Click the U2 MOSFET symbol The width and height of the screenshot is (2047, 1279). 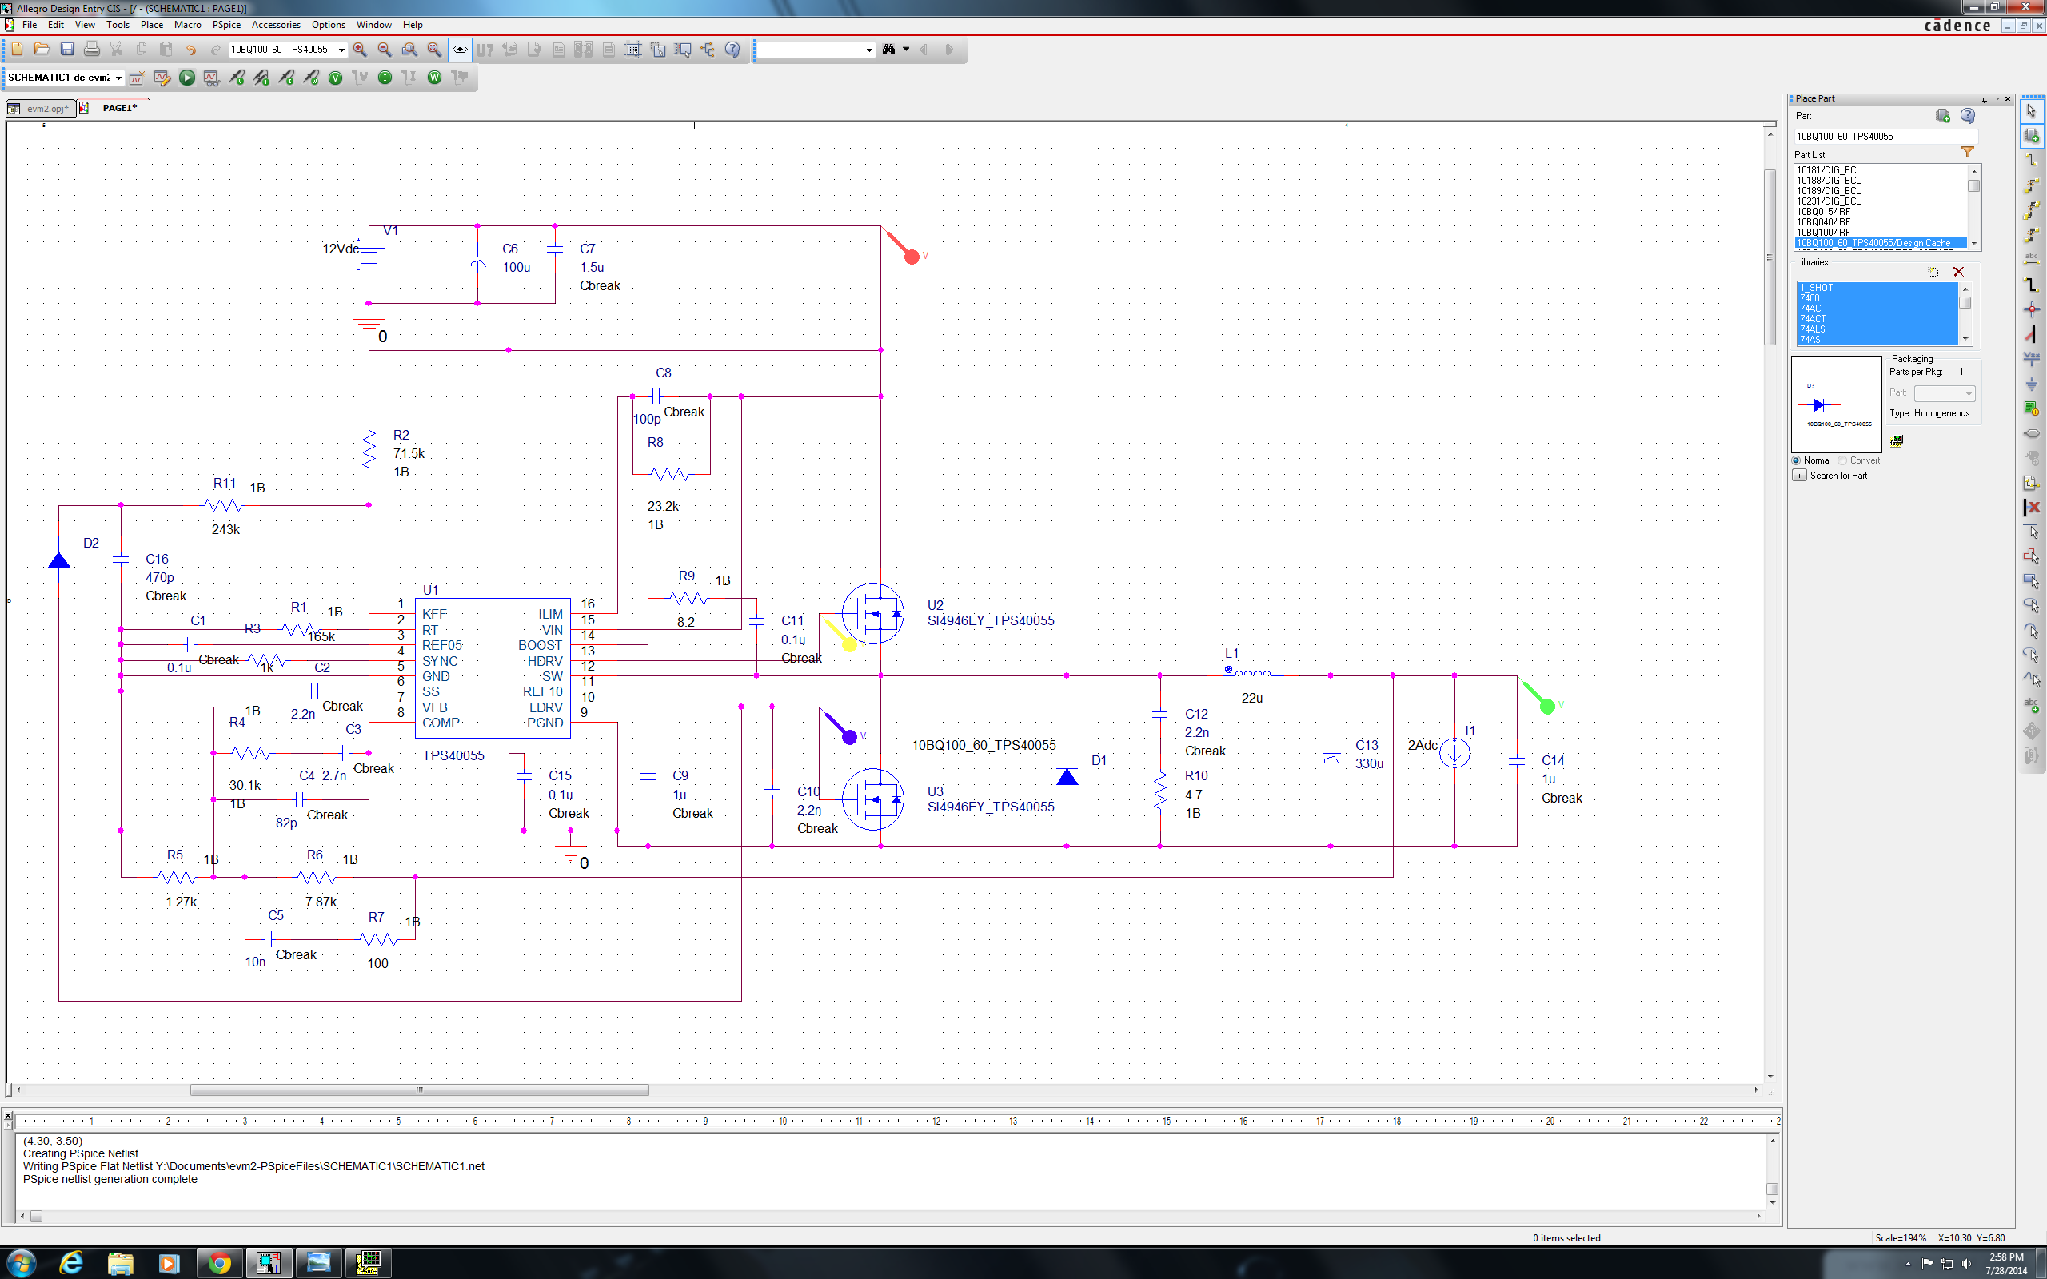coord(873,613)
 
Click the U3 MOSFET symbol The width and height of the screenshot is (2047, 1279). coord(873,799)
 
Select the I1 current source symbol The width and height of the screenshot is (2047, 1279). coord(1454,752)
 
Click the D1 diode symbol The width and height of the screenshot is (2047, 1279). coord(1067,775)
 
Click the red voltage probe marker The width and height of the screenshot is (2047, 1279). coord(911,257)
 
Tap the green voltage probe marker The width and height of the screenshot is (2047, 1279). coord(1546,707)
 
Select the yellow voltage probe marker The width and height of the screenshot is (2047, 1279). coord(848,644)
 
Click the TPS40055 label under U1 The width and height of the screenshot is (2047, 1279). coord(453,755)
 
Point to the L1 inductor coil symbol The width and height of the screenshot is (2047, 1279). coord(1253,674)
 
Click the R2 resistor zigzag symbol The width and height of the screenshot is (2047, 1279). coord(369,451)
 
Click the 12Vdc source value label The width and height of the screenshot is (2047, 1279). coord(340,249)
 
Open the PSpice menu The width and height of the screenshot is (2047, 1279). coord(225,25)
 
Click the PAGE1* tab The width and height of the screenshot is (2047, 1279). coord(118,107)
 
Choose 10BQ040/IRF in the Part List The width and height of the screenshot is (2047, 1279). coord(1824,221)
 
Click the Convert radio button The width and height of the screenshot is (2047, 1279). coord(1842,460)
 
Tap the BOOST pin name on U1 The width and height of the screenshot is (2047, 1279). coord(540,645)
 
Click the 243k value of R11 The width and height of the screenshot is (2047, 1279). coord(225,529)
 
